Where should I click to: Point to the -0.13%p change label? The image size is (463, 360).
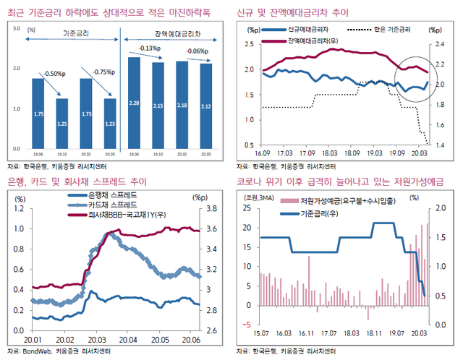click(149, 48)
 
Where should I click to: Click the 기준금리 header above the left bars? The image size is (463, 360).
click(77, 34)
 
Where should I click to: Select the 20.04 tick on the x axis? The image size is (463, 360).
click(128, 338)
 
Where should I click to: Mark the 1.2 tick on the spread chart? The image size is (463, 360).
click(19, 208)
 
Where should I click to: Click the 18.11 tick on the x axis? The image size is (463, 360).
click(372, 333)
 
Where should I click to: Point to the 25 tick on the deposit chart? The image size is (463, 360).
click(246, 208)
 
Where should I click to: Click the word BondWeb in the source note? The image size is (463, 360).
click(36, 351)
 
